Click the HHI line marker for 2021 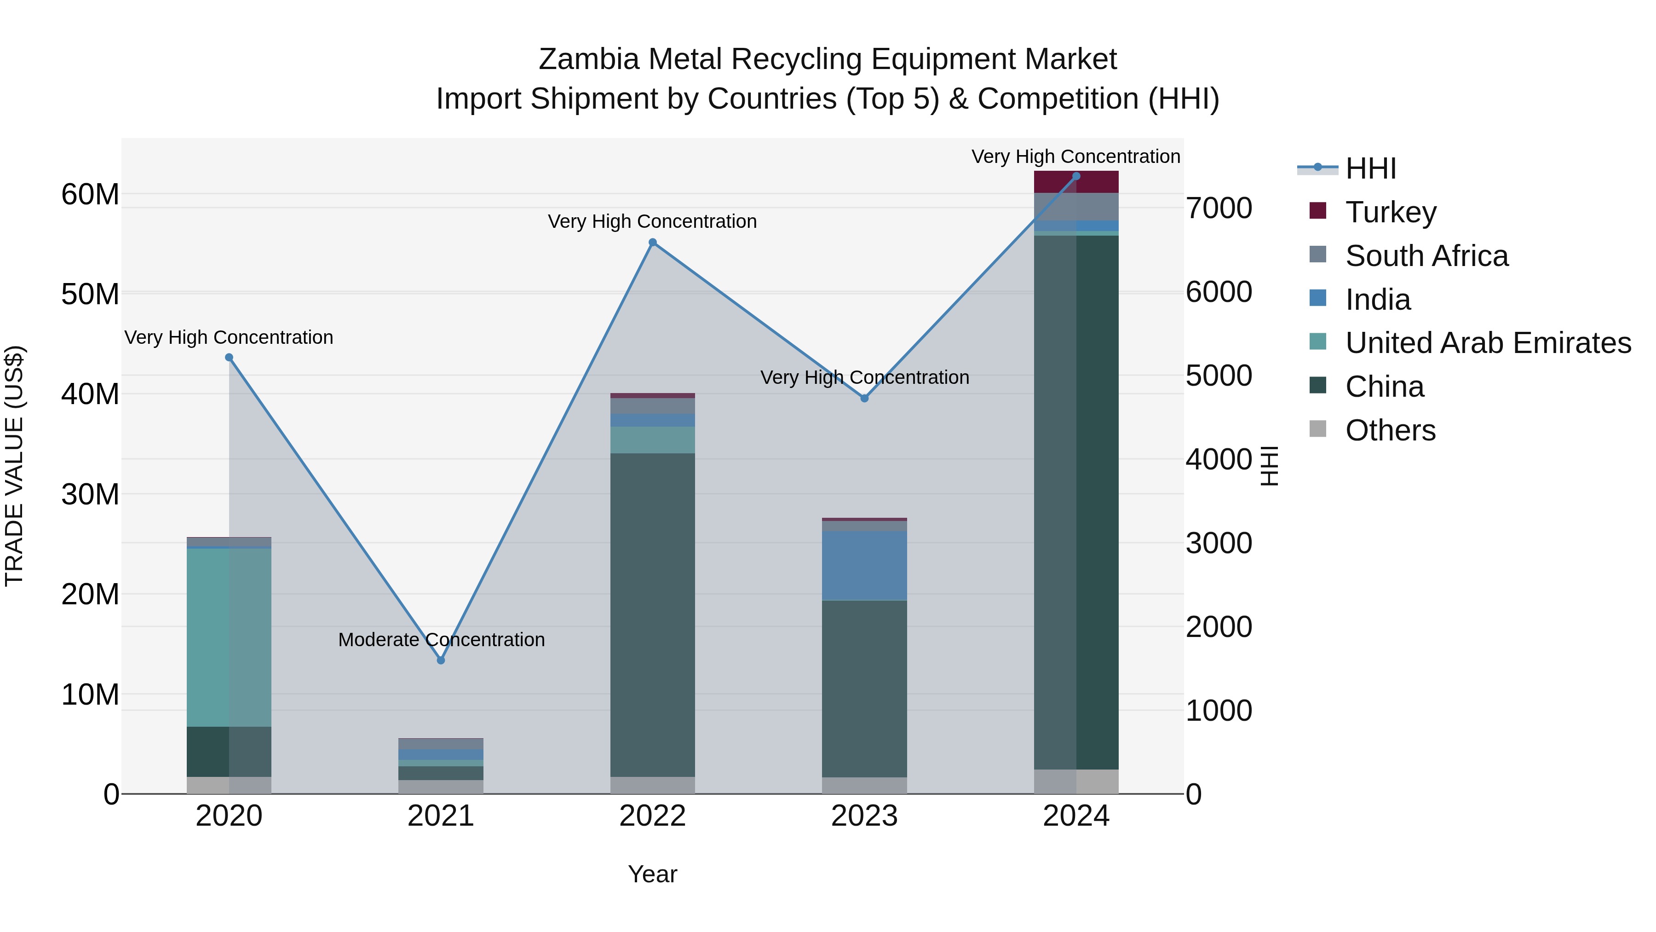(441, 660)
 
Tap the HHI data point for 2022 (652, 243)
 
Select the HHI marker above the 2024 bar (1076, 176)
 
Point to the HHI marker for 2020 (229, 358)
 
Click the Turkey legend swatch (1318, 211)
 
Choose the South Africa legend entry (1426, 256)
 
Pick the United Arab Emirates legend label (1488, 343)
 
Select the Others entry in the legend (1390, 430)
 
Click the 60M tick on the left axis (90, 194)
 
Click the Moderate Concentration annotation (441, 640)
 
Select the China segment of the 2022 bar (652, 614)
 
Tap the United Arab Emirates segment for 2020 (229, 637)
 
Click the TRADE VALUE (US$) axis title (14, 466)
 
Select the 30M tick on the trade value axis (90, 495)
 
